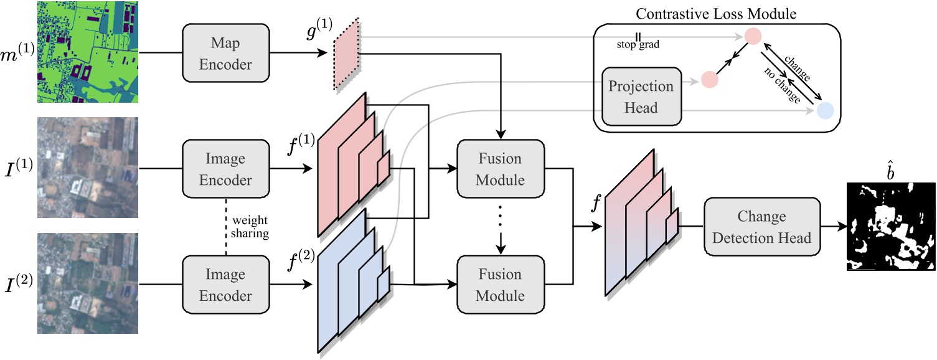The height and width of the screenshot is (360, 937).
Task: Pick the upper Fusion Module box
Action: pos(501,169)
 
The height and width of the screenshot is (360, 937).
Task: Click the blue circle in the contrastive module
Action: pos(825,111)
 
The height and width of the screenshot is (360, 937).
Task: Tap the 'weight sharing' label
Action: pos(250,227)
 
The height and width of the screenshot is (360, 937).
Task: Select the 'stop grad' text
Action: pos(638,45)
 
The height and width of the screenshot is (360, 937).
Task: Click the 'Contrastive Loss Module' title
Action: pos(718,12)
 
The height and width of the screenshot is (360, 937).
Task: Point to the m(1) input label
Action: pos(18,49)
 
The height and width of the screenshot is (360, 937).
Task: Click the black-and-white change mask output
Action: pos(891,227)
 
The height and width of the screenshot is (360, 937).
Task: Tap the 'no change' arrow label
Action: pos(781,86)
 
